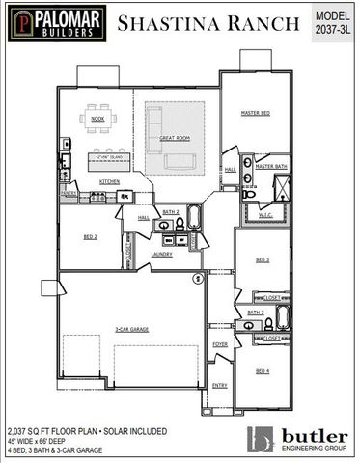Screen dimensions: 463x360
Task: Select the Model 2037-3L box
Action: coord(332,22)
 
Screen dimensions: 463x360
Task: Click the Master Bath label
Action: coord(271,167)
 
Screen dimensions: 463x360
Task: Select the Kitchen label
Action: coord(109,181)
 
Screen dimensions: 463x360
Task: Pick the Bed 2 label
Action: coord(89,236)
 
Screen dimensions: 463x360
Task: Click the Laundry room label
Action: coord(161,254)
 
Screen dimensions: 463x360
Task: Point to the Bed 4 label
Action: coord(263,370)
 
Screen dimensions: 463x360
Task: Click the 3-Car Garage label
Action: coord(129,330)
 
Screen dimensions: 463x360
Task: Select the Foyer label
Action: coord(220,344)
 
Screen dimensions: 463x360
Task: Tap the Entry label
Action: coord(220,385)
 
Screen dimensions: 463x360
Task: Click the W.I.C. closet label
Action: coord(265,215)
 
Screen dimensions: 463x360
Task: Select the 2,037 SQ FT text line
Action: coord(86,430)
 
